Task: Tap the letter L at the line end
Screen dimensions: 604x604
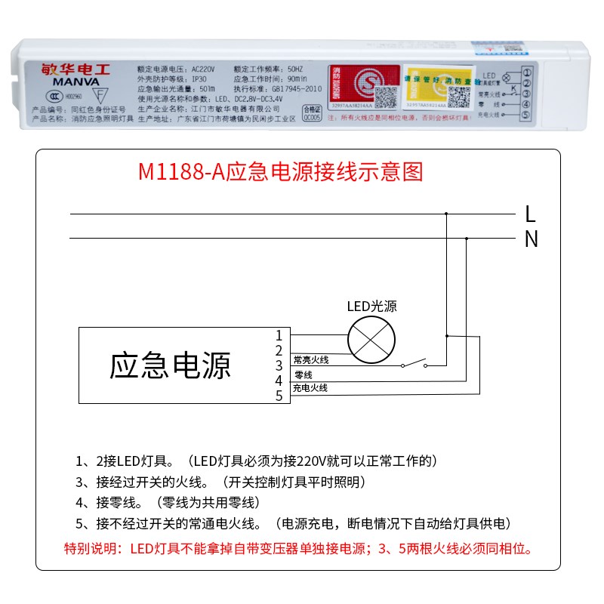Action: click(x=531, y=214)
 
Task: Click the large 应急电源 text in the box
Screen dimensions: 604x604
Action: click(x=170, y=365)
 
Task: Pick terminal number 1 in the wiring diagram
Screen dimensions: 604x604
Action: click(x=279, y=334)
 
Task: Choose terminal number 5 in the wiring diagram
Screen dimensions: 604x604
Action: click(x=279, y=395)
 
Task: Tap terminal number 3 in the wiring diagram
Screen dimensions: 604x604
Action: click(x=279, y=365)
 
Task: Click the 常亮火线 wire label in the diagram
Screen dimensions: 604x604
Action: click(x=310, y=360)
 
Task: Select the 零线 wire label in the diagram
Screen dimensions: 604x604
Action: click(x=304, y=374)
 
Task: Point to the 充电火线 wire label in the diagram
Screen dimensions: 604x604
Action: click(x=310, y=388)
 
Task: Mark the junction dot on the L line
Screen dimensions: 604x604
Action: click(x=446, y=214)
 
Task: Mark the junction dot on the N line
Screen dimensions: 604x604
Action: click(x=467, y=239)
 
